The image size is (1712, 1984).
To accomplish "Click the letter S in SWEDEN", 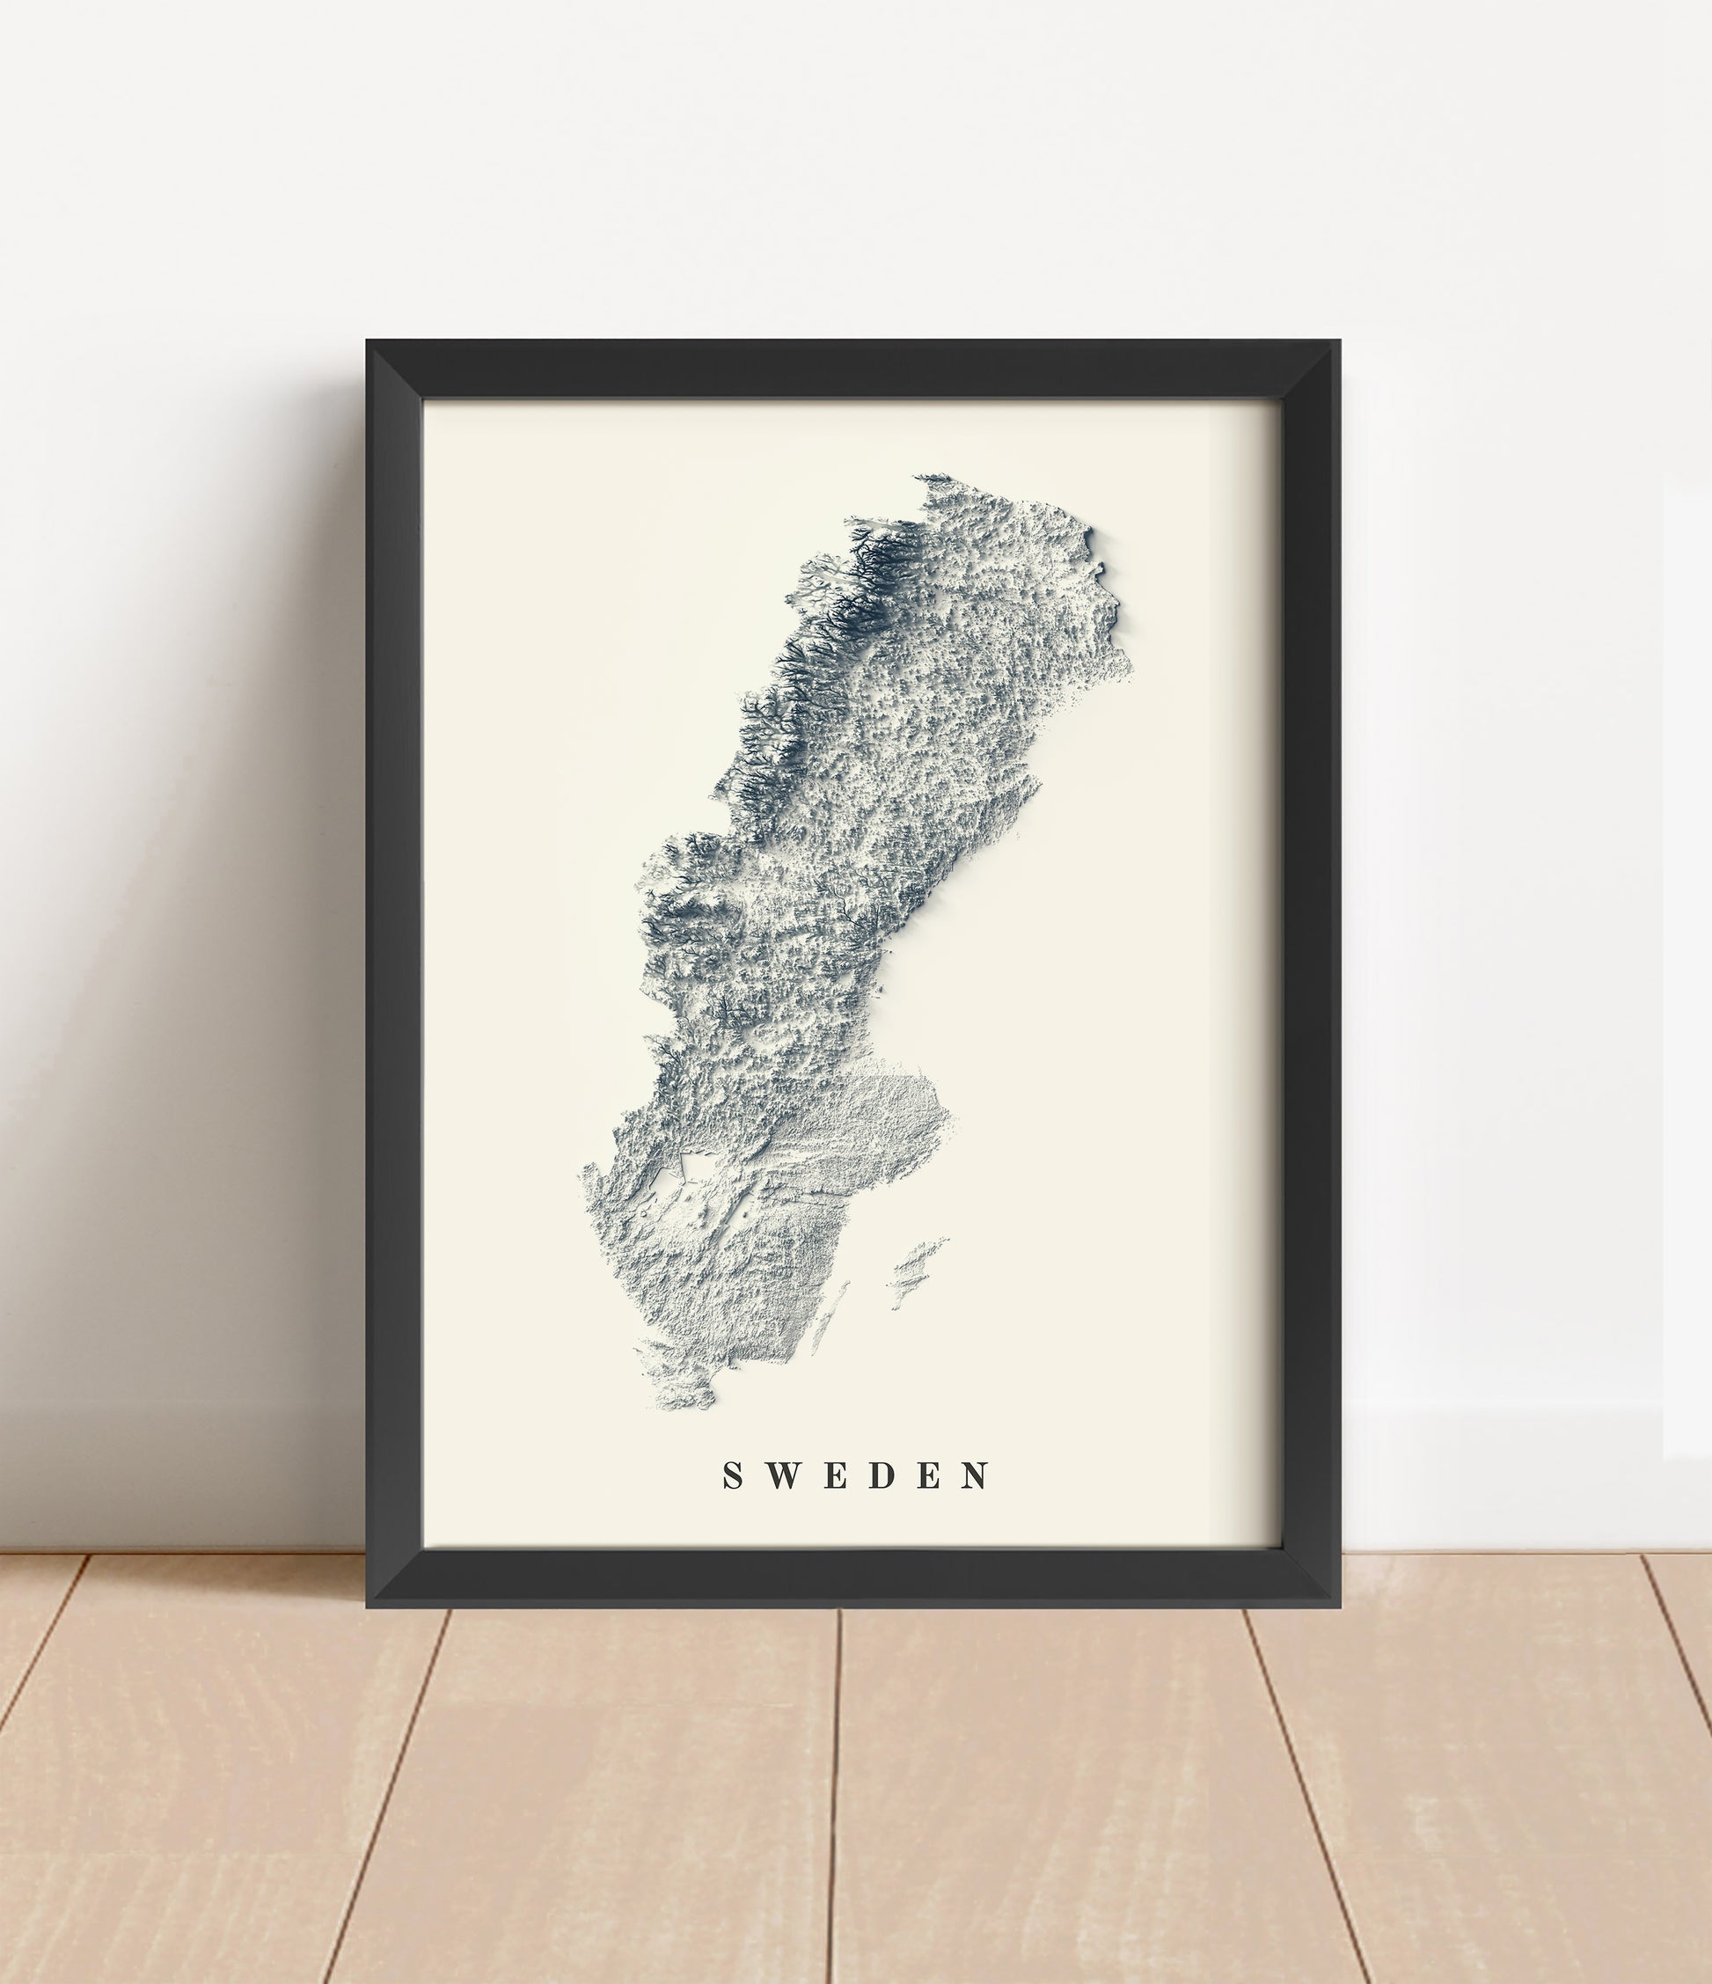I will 734,1476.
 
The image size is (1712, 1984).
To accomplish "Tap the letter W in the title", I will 782,1476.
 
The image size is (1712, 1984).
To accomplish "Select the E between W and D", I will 834,1476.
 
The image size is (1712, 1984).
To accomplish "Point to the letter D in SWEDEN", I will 882,1476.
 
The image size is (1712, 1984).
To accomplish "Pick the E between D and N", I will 930,1476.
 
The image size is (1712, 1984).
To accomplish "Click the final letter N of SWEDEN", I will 977,1476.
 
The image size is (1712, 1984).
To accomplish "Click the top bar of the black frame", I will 852,370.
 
